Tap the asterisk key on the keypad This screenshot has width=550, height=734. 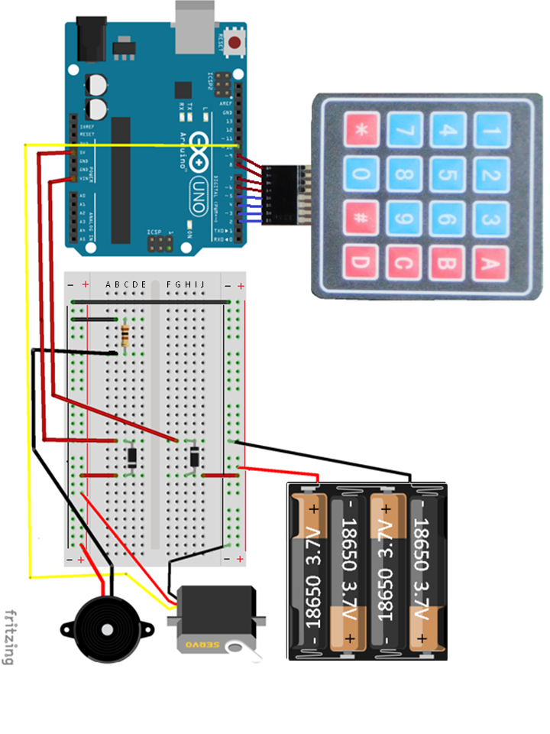[362, 130]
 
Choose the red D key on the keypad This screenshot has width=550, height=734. [362, 265]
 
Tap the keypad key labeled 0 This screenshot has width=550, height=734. [362, 174]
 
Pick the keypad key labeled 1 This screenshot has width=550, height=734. [490, 130]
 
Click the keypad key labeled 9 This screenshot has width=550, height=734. [405, 219]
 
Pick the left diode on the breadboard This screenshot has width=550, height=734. [132, 458]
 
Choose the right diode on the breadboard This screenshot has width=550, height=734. [195, 458]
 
